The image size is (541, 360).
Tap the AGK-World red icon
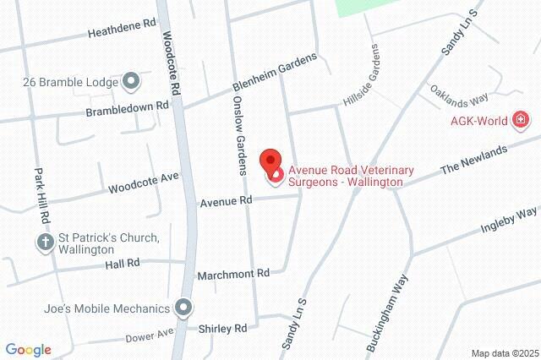point(522,122)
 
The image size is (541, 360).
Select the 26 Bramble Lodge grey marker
point(130,82)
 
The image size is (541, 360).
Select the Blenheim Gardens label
point(275,75)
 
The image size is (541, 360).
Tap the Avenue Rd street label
point(227,201)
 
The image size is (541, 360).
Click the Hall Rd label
point(123,264)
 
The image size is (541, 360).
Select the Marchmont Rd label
point(232,274)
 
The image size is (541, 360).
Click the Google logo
point(28,350)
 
